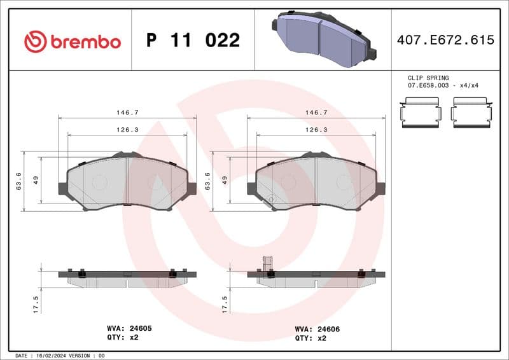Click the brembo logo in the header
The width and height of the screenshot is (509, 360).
[x=72, y=41]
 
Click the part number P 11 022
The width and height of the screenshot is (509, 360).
[x=193, y=41]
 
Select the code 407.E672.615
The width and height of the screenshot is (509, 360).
[x=445, y=40]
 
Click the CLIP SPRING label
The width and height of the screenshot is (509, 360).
[x=428, y=78]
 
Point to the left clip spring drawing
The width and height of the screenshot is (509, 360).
[x=419, y=113]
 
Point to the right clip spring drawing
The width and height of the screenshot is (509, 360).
[x=472, y=113]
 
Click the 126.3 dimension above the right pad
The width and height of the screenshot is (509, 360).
[x=316, y=129]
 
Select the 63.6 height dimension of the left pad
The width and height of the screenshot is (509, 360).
[x=19, y=181]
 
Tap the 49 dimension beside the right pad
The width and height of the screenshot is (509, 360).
[x=225, y=180]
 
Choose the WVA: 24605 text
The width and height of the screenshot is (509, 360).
[x=129, y=328]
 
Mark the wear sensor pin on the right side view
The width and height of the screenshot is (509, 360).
[x=267, y=263]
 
